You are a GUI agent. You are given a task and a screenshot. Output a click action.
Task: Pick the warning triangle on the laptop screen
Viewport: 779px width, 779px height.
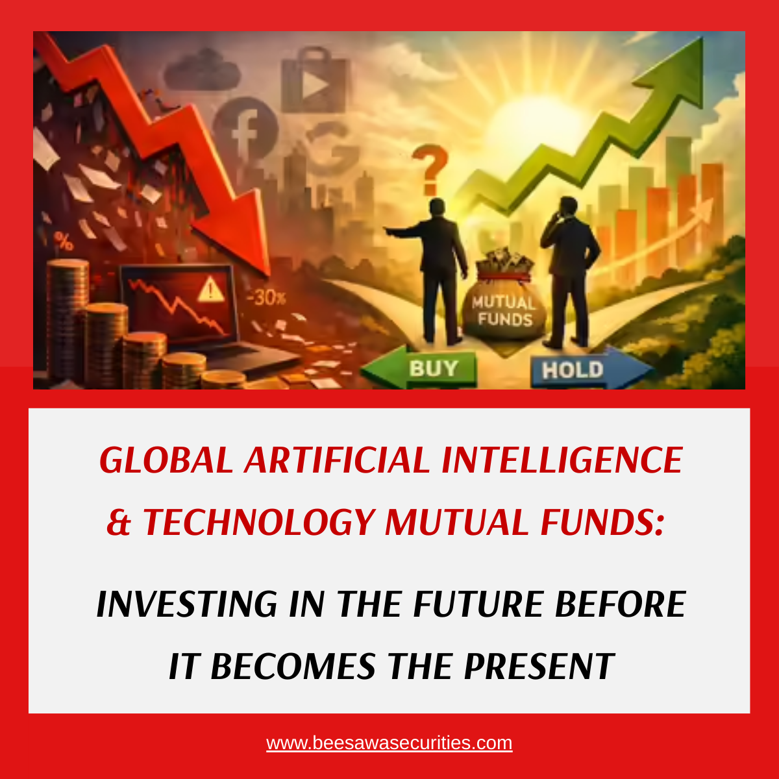tap(209, 290)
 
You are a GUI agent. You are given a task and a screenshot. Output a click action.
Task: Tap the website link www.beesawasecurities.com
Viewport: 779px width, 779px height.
tap(389, 743)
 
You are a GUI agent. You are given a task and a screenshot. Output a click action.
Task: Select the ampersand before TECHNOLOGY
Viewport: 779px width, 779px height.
tap(119, 522)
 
